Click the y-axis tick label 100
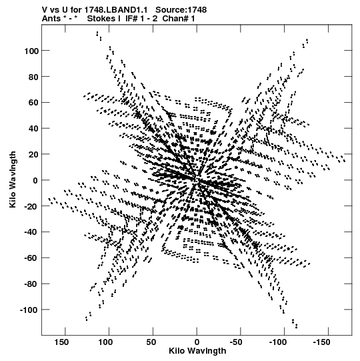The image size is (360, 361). click(31, 51)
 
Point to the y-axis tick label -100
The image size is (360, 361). click(29, 310)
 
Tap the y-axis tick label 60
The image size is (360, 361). click(33, 103)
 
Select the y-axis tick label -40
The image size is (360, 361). click(31, 232)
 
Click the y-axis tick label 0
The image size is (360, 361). click(35, 180)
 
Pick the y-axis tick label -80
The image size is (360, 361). click(31, 284)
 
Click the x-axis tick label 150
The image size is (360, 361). click(61, 342)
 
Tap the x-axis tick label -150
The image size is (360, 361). click(322, 342)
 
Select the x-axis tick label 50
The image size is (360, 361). click(151, 342)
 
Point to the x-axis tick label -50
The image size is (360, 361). click(237, 342)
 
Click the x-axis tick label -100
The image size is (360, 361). click(278, 342)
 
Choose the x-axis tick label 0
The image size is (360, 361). click(197, 342)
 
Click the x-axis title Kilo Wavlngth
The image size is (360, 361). click(197, 351)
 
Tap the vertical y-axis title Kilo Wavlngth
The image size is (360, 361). click(13, 179)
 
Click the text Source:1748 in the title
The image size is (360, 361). click(181, 10)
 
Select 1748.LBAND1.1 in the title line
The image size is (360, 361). click(116, 10)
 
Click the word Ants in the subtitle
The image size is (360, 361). click(51, 19)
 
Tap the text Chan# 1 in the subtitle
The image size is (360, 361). click(179, 19)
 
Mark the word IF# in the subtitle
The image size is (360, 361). click(131, 19)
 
